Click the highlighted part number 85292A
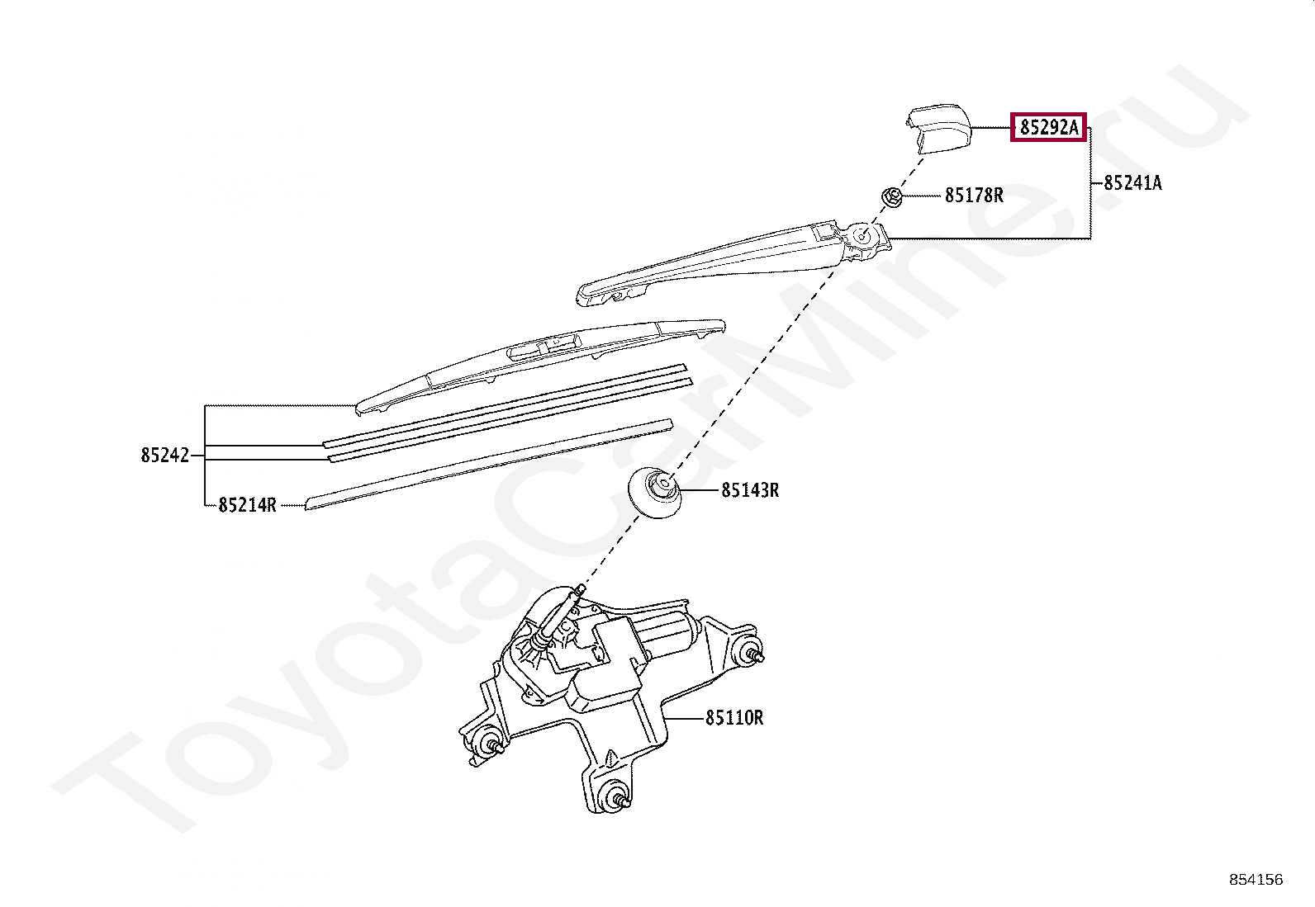[1048, 128]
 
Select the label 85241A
[1132, 183]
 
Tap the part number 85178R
[974, 196]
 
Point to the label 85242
[164, 456]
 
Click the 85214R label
[247, 505]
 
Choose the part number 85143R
[749, 490]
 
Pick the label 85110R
[733, 718]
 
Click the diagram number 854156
[1256, 880]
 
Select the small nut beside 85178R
[891, 196]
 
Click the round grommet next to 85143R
[654, 493]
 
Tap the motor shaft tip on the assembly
[581, 588]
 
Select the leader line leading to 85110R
[684, 718]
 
